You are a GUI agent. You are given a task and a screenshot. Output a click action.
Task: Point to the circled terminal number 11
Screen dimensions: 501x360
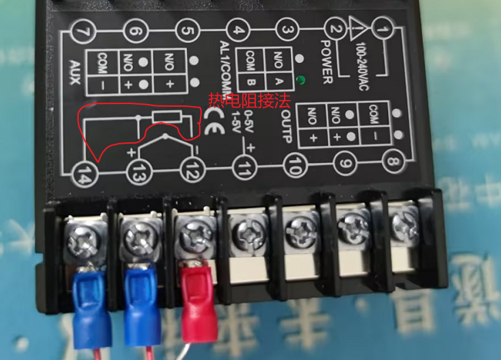click(243, 167)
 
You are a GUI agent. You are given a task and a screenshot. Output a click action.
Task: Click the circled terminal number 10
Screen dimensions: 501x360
click(293, 164)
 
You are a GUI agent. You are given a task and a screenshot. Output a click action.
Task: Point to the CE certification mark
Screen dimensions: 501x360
click(213, 126)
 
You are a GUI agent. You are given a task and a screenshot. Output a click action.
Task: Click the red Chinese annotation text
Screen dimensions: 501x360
click(250, 100)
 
